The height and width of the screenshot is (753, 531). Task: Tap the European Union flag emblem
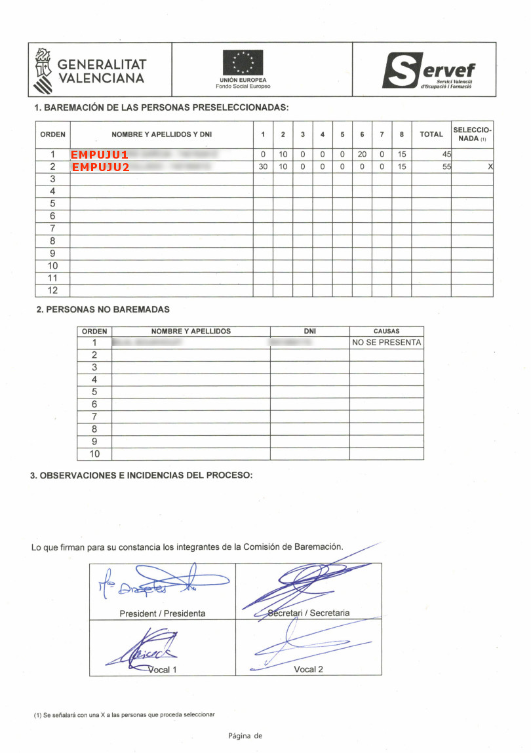click(243, 63)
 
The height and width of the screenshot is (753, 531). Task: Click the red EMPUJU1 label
click(100, 155)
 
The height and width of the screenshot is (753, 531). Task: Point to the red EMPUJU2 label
click(100, 167)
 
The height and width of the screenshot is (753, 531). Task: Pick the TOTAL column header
click(431, 134)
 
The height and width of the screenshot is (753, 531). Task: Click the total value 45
click(446, 155)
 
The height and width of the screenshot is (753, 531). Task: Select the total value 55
click(446, 167)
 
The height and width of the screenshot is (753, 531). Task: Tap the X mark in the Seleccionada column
click(490, 167)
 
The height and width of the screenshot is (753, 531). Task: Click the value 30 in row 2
click(263, 167)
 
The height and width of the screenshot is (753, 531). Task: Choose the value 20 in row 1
click(362, 155)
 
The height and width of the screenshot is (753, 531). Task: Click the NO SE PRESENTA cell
click(386, 343)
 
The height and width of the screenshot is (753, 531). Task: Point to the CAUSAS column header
click(386, 332)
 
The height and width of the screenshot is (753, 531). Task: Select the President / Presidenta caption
click(162, 613)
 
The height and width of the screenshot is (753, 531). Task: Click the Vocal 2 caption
click(308, 669)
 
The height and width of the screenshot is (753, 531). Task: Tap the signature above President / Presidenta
click(164, 583)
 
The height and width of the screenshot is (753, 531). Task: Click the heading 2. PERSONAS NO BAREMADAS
click(103, 309)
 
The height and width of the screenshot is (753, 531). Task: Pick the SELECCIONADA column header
click(472, 134)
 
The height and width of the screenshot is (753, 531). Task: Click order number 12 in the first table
click(52, 290)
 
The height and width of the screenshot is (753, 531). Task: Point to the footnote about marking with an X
click(125, 714)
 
